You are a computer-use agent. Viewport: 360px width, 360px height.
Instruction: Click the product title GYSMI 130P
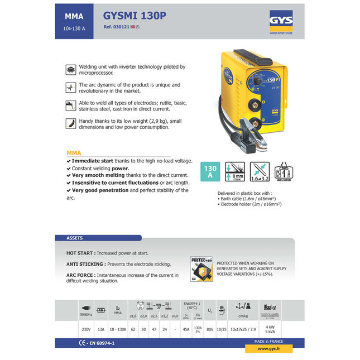tap(135, 15)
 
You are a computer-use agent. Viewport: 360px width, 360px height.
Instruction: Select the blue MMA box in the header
tap(75, 21)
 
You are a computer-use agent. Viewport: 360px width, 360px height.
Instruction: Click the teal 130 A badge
tap(210, 171)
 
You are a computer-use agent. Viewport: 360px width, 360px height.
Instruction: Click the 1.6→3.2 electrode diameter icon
tap(260, 171)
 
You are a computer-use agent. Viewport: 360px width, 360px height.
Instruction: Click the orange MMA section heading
tap(74, 153)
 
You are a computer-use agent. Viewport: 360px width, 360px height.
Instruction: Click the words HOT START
tap(80, 253)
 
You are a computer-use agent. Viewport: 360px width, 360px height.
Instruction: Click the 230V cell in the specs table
tap(85, 329)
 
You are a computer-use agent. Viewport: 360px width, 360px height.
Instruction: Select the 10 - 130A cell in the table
tap(118, 329)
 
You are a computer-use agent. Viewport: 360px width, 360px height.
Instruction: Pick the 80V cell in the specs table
tap(210, 329)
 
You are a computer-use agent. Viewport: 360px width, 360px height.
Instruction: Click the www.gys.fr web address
tap(268, 349)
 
